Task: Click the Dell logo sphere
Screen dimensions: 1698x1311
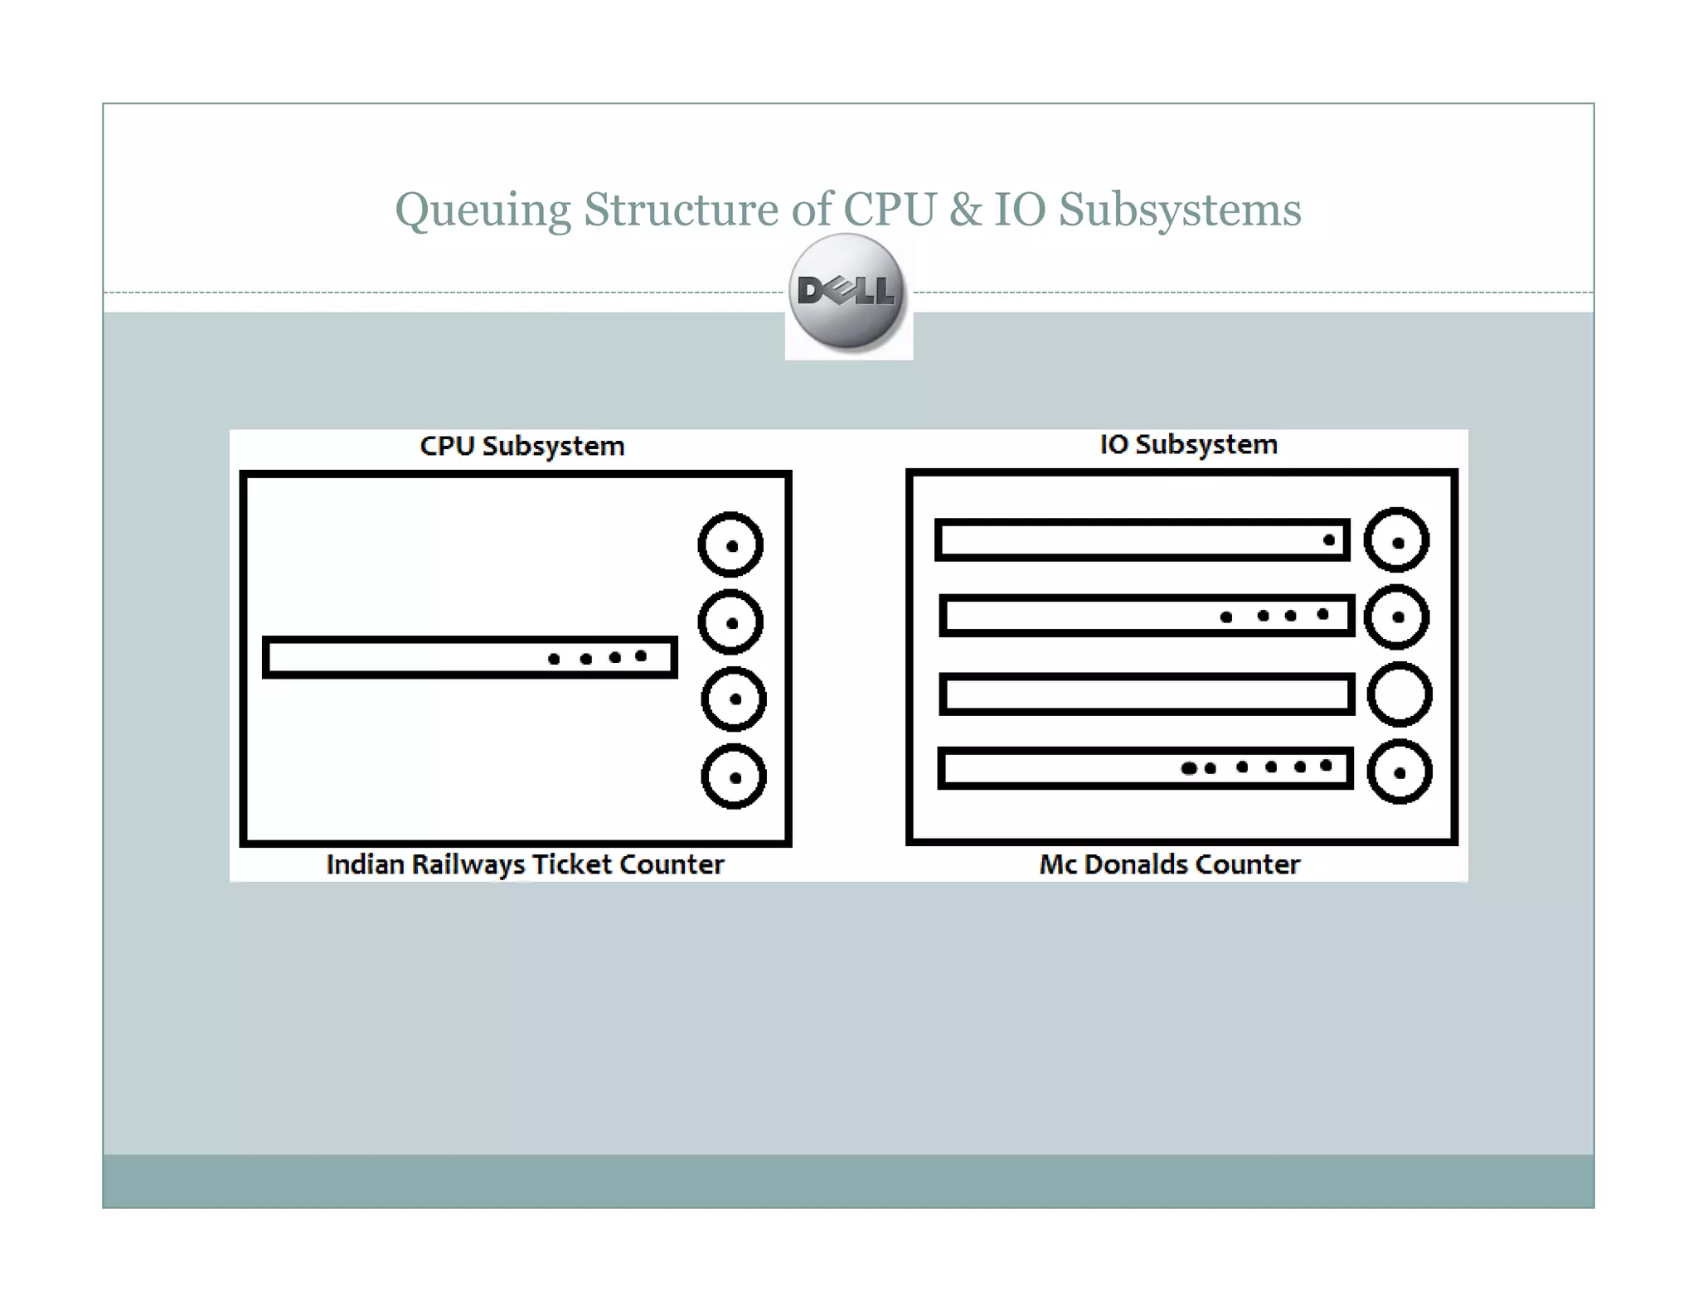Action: click(x=847, y=291)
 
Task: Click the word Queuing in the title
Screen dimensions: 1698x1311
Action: click(x=483, y=209)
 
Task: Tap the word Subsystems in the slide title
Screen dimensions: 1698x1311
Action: click(x=1179, y=209)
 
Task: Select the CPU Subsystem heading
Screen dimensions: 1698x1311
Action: click(x=522, y=446)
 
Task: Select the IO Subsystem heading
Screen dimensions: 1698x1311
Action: click(x=1188, y=444)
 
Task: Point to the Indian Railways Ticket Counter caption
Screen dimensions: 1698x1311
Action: click(x=525, y=864)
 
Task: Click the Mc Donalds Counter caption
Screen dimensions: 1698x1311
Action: click(x=1169, y=864)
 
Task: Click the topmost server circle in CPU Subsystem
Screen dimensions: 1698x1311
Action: click(x=730, y=545)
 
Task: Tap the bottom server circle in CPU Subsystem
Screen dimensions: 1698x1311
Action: click(x=734, y=776)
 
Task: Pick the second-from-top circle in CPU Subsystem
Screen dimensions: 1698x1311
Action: click(x=730, y=622)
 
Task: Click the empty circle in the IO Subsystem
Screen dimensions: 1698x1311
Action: click(x=1400, y=694)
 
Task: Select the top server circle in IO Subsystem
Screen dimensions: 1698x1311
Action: click(x=1397, y=540)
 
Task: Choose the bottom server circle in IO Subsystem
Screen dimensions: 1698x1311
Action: click(x=1400, y=772)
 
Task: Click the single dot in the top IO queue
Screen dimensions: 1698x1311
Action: click(x=1329, y=540)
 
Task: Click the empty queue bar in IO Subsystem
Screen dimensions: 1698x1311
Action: click(x=1147, y=694)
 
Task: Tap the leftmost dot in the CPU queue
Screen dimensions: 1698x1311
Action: click(x=554, y=659)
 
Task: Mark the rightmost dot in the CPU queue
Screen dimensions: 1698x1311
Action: click(x=641, y=656)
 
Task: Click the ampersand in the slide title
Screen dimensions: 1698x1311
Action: click(x=964, y=209)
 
